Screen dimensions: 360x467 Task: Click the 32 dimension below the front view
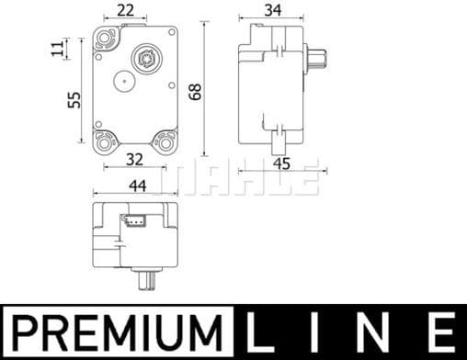[x=134, y=159]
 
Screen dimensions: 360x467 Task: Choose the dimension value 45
[x=281, y=164]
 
